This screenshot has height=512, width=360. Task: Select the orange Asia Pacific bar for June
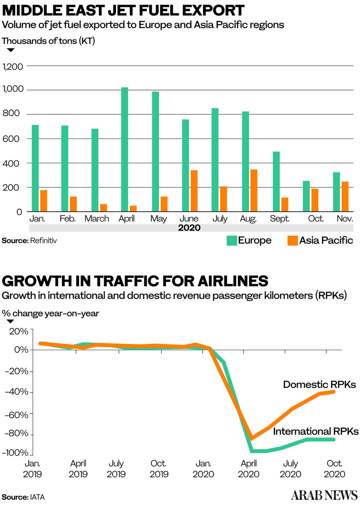click(194, 191)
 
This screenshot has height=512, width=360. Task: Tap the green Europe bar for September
click(276, 181)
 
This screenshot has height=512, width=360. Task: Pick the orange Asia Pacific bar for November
click(345, 196)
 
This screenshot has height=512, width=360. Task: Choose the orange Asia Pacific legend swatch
click(292, 241)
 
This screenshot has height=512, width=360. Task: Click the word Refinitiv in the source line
click(43, 241)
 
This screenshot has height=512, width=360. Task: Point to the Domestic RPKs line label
click(319, 384)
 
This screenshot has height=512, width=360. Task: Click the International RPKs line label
click(316, 431)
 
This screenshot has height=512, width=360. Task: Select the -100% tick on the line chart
click(15, 453)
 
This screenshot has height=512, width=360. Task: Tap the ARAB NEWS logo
click(324, 495)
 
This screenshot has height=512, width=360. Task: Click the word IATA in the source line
click(37, 497)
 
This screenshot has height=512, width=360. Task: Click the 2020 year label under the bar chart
click(189, 228)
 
